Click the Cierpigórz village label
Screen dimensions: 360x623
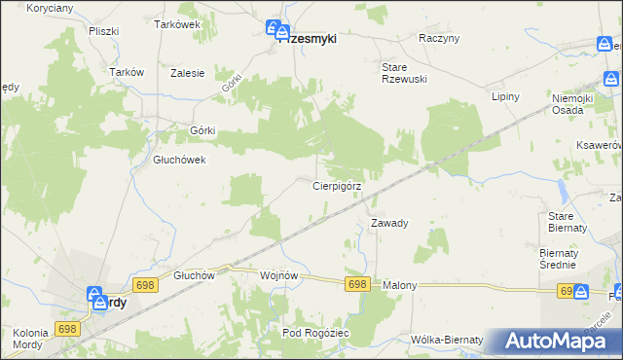[337, 185]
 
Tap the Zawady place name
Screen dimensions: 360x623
[389, 223]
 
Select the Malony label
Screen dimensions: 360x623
[399, 285]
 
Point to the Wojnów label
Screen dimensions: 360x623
[278, 275]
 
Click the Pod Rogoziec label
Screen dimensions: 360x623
[315, 333]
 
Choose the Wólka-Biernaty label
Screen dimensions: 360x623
[448, 340]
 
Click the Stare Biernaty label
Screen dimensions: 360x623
[568, 221]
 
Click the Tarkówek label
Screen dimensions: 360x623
[177, 24]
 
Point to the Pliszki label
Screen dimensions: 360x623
[102, 31]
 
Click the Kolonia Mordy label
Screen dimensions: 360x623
[32, 342]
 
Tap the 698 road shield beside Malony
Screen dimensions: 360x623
[357, 283]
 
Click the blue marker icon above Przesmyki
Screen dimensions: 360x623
[275, 29]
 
